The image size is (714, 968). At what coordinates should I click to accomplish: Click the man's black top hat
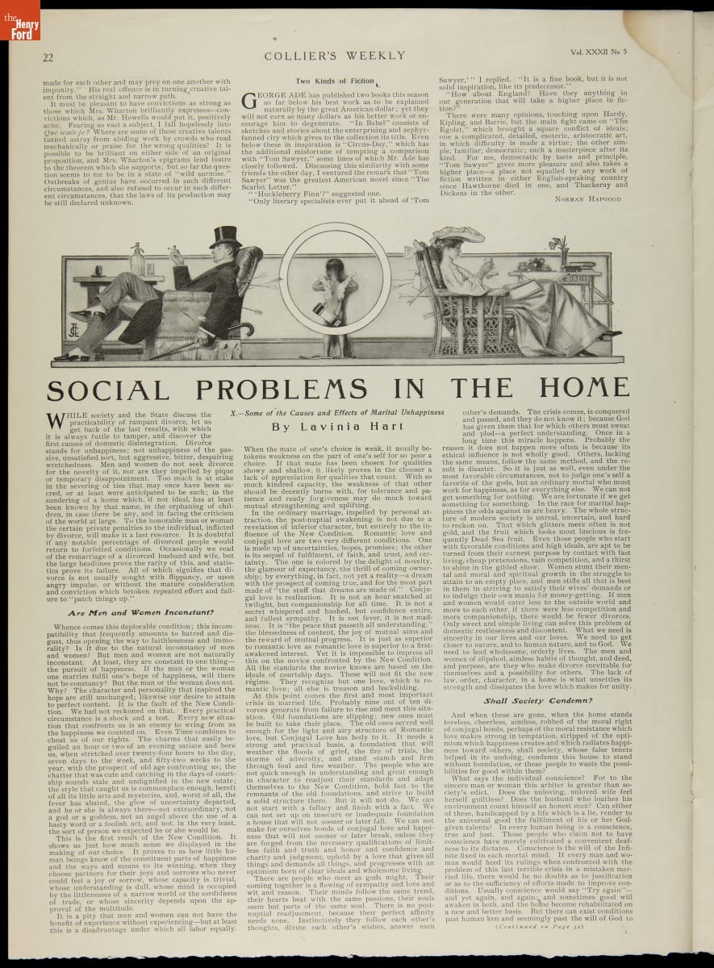(226, 237)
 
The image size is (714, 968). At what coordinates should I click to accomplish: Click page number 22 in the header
(48, 57)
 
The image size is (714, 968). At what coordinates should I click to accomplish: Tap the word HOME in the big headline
(583, 389)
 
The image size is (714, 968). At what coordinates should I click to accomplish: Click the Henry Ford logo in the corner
(19, 19)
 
